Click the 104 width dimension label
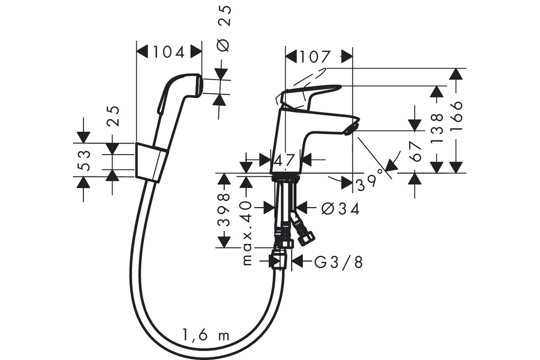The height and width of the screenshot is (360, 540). click(x=169, y=52)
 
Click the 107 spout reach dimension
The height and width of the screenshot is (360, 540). click(x=314, y=57)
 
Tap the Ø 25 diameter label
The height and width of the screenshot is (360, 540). click(x=224, y=28)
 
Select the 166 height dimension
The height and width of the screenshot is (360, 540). click(x=456, y=116)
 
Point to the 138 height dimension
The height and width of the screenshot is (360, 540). click(x=437, y=128)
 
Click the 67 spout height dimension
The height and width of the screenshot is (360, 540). click(x=415, y=151)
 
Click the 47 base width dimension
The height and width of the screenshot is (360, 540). click(x=284, y=160)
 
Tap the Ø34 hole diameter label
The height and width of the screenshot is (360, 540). click(x=341, y=208)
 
